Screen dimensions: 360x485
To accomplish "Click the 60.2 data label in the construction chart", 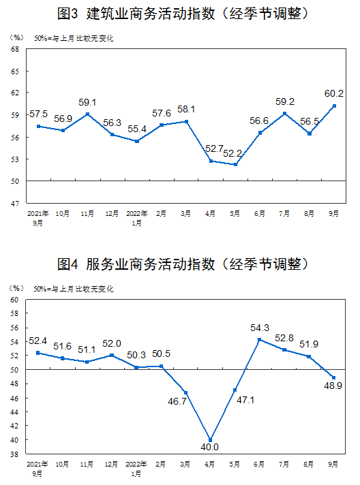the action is [x=333, y=93].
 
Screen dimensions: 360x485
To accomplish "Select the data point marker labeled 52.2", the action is [x=235, y=165].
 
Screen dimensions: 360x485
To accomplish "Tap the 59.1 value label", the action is [x=87, y=102].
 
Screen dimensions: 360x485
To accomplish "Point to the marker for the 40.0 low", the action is [x=211, y=440].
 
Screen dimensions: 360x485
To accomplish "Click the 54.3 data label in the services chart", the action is [x=260, y=328].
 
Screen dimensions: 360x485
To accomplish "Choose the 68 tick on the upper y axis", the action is [x=15, y=49].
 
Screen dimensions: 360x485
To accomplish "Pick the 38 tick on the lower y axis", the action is [x=14, y=454].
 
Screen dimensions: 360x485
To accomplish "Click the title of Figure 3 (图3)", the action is [x=183, y=14].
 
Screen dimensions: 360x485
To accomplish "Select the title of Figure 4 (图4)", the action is [x=183, y=264].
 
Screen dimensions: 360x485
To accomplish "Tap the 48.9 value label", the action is [x=333, y=386].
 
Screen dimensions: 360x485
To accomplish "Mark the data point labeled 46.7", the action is [x=186, y=393].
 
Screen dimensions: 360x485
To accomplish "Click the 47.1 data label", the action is [x=245, y=400].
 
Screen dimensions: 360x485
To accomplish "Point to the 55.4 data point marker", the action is [x=137, y=141].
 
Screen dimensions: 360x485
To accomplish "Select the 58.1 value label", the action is [x=186, y=109].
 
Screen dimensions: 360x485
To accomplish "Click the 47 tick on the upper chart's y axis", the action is [x=15, y=204].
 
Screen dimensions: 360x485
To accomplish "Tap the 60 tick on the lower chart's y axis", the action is [x=14, y=300].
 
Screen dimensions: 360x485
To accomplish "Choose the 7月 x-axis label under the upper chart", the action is [x=284, y=213].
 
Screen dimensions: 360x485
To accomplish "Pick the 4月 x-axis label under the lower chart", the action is [x=209, y=464].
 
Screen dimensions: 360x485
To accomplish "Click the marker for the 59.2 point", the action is [x=285, y=114].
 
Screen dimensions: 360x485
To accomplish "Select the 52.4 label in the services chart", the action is [x=37, y=341].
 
